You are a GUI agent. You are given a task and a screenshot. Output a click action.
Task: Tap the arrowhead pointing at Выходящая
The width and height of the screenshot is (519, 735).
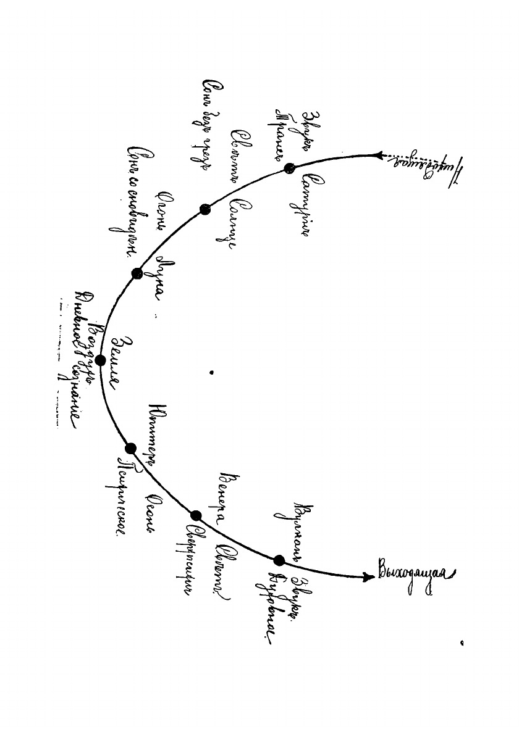pos(369,577)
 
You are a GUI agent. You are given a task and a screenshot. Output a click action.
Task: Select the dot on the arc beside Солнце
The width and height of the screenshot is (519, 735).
pos(206,210)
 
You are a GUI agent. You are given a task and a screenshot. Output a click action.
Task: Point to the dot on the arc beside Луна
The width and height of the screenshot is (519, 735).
pos(137,273)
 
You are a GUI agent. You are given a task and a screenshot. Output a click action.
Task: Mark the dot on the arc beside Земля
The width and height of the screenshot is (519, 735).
pos(100,360)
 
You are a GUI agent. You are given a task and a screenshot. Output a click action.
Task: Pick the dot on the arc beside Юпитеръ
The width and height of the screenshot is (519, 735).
pos(130,449)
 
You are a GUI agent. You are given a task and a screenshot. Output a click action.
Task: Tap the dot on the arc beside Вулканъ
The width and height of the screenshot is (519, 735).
pos(279,560)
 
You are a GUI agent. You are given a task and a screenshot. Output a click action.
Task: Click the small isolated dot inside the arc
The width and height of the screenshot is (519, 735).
pos(211,372)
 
